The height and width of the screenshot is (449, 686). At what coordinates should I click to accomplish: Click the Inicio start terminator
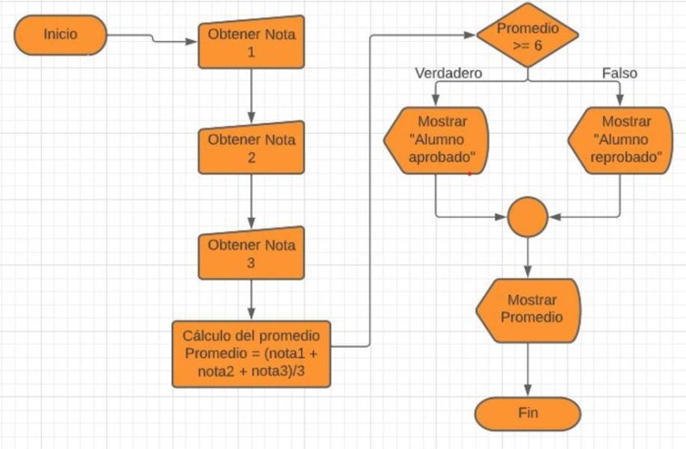pyautogui.click(x=60, y=36)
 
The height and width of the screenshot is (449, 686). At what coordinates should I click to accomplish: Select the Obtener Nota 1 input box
pyautogui.click(x=252, y=43)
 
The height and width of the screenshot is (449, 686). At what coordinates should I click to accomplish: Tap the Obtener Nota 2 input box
pyautogui.click(x=252, y=148)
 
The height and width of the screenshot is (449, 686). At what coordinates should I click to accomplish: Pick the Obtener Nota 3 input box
pyautogui.click(x=252, y=254)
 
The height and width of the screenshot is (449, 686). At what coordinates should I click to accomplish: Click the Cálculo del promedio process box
pyautogui.click(x=251, y=354)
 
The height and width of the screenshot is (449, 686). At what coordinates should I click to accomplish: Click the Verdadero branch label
pyautogui.click(x=448, y=73)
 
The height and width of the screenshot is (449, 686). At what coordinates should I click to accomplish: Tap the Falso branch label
pyautogui.click(x=619, y=73)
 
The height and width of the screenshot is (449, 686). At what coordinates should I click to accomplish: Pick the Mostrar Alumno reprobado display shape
pyautogui.click(x=621, y=141)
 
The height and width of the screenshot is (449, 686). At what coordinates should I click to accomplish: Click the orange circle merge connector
pyautogui.click(x=529, y=216)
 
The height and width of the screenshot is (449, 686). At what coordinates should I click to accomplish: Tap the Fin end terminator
pyautogui.click(x=528, y=413)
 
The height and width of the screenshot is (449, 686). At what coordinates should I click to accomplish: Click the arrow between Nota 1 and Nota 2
pyautogui.click(x=252, y=94)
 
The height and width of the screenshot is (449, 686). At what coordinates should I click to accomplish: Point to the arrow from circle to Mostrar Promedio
pyautogui.click(x=529, y=257)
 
